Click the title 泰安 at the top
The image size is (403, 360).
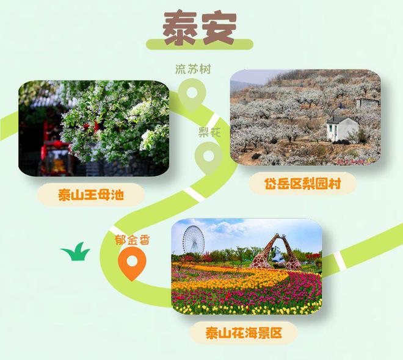pyautogui.click(x=200, y=28)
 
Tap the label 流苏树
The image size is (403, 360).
pyautogui.click(x=193, y=69)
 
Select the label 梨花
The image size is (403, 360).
pyautogui.click(x=209, y=132)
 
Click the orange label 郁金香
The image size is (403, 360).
pyautogui.click(x=132, y=240)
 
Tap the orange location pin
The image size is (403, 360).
pyautogui.click(x=132, y=264)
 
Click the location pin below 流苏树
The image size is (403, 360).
pyautogui.click(x=192, y=94)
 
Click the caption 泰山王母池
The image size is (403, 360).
pyautogui.click(x=91, y=195)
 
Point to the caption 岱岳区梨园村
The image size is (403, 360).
pyautogui.click(x=302, y=184)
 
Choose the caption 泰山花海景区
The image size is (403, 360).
pyautogui.click(x=244, y=333)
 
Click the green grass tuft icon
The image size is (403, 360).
pyautogui.click(x=75, y=251)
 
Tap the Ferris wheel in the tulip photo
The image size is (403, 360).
pyautogui.click(x=194, y=240)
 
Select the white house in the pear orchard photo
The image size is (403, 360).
pyautogui.click(x=342, y=129)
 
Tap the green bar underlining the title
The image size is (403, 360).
pyautogui.click(x=200, y=45)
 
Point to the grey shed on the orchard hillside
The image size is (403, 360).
pyautogui.click(x=368, y=103)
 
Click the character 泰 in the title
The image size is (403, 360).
pyautogui.click(x=180, y=28)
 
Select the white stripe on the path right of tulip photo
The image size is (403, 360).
pyautogui.click(x=339, y=260)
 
